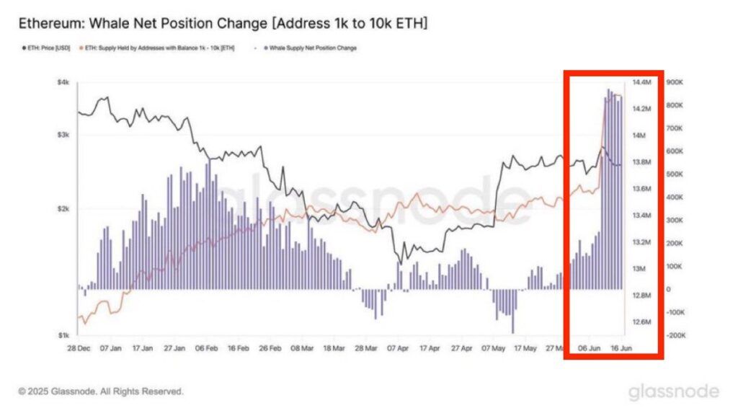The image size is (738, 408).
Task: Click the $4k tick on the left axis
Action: tap(63, 83)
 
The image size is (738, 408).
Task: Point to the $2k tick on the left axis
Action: tap(63, 209)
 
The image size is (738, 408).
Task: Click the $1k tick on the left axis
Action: tap(63, 335)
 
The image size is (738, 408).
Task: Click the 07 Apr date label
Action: tap(397, 347)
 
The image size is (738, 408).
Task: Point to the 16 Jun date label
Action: tap(621, 347)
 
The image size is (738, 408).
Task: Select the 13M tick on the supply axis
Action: tap(640, 269)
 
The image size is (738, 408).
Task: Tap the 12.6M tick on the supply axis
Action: tap(642, 321)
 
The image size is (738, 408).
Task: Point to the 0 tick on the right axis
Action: tap(670, 289)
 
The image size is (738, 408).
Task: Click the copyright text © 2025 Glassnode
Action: tap(100, 391)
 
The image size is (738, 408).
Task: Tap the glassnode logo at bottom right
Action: tap(673, 391)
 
